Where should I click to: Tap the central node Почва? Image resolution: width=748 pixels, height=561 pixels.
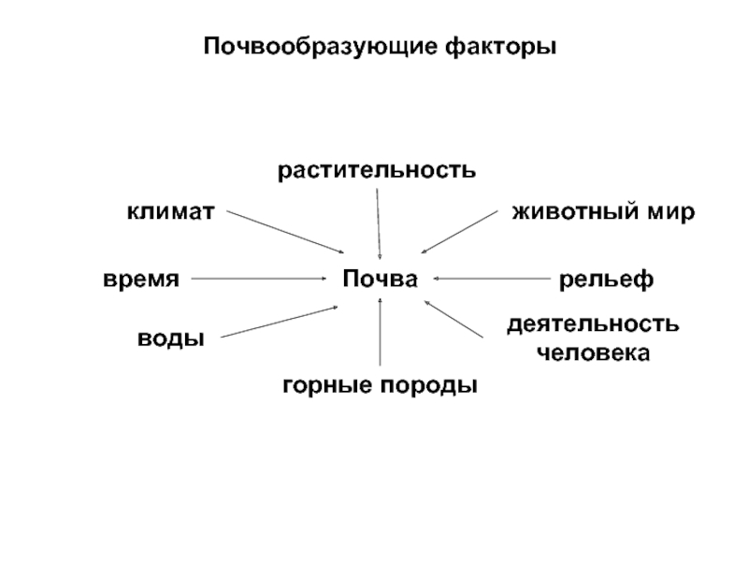379,278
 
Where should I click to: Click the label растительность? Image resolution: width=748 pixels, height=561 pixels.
377,170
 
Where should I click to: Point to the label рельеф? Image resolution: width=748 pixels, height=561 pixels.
605,279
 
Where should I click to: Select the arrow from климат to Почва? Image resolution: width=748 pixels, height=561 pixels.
285,231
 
